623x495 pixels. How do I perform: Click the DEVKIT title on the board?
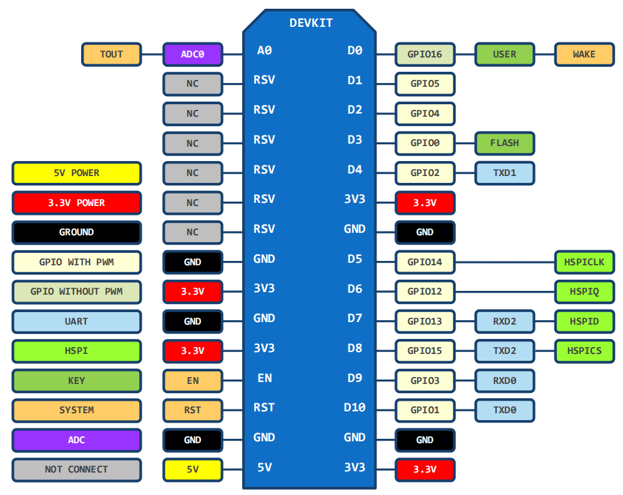[x=311, y=23]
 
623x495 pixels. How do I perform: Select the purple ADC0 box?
[x=192, y=54]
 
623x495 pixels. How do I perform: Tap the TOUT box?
[x=111, y=54]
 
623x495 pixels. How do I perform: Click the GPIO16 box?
[x=424, y=54]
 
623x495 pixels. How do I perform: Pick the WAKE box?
[x=584, y=54]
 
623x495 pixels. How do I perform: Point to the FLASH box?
[x=504, y=143]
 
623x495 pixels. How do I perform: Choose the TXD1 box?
[x=504, y=173]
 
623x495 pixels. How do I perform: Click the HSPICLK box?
[x=584, y=262]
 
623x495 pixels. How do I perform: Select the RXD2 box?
[x=504, y=321]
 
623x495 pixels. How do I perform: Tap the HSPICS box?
[x=584, y=351]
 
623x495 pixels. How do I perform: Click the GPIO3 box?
[x=424, y=380]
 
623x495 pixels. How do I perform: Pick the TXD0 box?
[x=504, y=410]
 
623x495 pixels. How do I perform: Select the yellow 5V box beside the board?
[x=192, y=469]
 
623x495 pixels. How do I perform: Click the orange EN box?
[x=192, y=380]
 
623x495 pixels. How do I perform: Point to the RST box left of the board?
[x=192, y=410]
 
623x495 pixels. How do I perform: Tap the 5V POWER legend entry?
[x=76, y=173]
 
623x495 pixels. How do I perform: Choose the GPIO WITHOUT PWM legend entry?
[x=76, y=292]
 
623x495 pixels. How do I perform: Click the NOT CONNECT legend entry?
[x=76, y=469]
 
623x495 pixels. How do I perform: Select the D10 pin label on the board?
[x=354, y=408]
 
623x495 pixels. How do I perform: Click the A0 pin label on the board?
[x=264, y=51]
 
